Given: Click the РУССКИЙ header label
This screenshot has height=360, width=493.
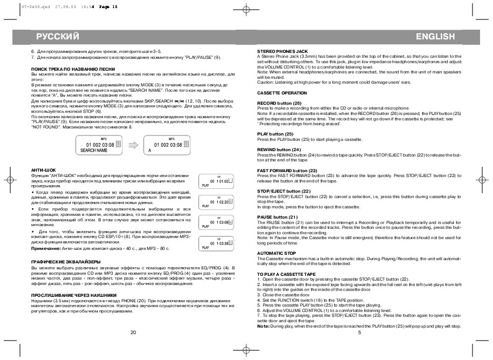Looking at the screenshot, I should [x=58, y=36].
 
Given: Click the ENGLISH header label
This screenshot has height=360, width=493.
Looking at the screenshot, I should [x=435, y=36].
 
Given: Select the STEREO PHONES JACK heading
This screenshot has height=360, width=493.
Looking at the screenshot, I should [x=283, y=51].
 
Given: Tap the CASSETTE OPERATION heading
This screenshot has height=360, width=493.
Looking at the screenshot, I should [x=282, y=93].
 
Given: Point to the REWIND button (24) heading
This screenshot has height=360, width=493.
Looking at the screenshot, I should [x=279, y=149].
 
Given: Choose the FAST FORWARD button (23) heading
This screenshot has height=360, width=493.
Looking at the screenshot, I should [x=286, y=171].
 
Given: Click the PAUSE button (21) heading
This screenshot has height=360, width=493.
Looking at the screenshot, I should [x=277, y=217].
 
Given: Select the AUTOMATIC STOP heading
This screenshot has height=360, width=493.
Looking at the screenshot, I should [x=277, y=253].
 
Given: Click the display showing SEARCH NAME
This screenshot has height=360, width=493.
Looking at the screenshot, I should [x=94, y=146].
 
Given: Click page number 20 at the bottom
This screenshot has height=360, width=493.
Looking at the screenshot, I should [x=133, y=332].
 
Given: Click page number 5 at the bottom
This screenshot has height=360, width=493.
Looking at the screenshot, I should [x=359, y=332].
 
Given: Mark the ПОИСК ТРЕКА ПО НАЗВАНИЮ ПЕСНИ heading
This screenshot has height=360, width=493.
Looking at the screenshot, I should [x=73, y=69].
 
